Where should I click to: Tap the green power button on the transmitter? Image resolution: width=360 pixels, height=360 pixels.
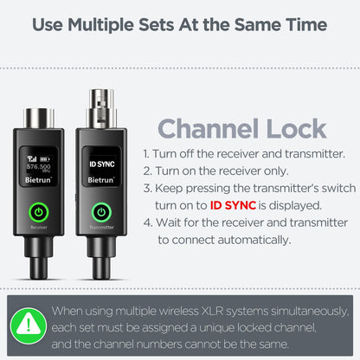point(100,210)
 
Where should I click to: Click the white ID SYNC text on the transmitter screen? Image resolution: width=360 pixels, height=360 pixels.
point(100,161)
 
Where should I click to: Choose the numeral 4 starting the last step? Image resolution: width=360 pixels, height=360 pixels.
point(146,222)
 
